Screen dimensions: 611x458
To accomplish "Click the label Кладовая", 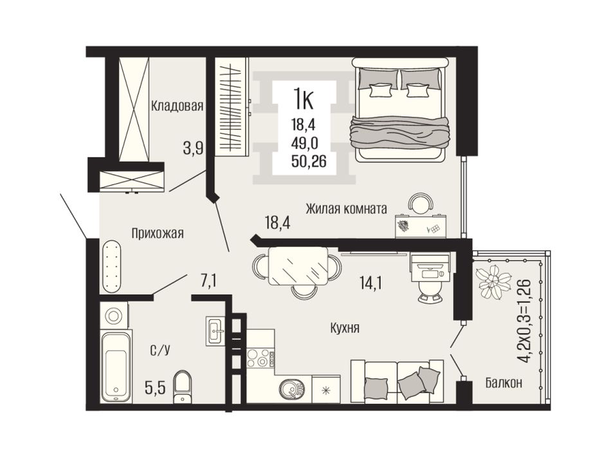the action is click(178, 105).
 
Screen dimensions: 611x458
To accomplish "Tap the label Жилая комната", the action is click(346, 209).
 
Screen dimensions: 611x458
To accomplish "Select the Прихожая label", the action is click(158, 233).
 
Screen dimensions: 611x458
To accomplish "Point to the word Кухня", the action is click(345, 328).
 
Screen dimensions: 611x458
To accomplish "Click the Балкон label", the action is click(504, 383).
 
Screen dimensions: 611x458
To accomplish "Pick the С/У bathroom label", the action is click(160, 350).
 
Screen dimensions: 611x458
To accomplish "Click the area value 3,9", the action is click(194, 148).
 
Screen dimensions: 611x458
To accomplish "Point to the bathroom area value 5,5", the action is click(156, 387).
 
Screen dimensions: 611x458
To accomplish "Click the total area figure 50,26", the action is click(309, 161).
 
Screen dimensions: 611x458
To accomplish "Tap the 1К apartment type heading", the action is click(304, 99).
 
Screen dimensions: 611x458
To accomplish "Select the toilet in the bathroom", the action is click(183, 387).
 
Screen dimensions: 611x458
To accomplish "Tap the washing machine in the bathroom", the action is click(113, 315).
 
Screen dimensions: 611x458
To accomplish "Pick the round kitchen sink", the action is click(290, 389).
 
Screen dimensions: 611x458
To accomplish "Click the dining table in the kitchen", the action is click(298, 267).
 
